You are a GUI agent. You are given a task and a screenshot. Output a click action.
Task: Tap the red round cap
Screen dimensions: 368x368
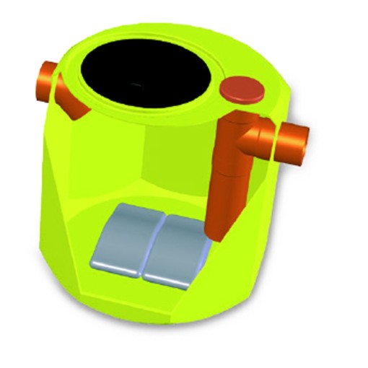pyautogui.click(x=243, y=89)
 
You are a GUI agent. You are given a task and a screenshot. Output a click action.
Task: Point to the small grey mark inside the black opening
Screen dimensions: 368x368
pyautogui.click(x=136, y=85)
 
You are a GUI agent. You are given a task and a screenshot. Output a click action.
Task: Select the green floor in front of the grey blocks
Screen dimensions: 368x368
pyautogui.click(x=159, y=296)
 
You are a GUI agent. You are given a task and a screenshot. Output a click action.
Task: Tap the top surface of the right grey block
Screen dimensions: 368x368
pyautogui.click(x=177, y=235)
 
